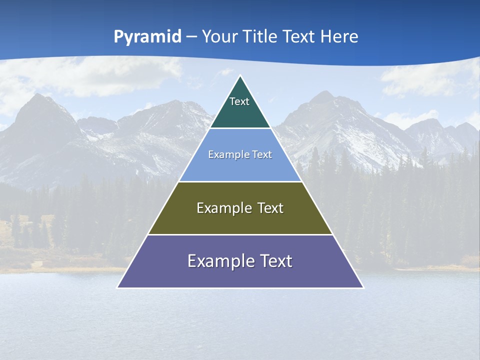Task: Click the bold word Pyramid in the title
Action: [x=147, y=37]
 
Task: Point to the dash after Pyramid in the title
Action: [x=191, y=37]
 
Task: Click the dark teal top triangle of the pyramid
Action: [x=240, y=112]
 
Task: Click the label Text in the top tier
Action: [x=239, y=101]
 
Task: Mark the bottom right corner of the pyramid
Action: [x=363, y=287]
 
